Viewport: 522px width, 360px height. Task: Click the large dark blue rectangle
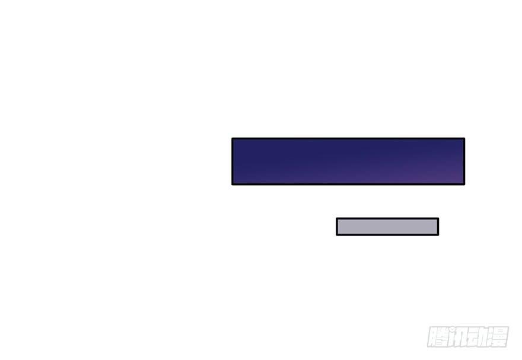(x=348, y=161)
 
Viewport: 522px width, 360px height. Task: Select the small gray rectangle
(x=387, y=227)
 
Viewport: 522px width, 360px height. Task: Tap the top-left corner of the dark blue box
(x=232, y=138)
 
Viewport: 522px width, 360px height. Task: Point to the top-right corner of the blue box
(x=464, y=138)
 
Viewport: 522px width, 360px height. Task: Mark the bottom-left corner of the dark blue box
(x=232, y=184)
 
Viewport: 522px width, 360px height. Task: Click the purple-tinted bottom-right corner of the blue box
(x=464, y=184)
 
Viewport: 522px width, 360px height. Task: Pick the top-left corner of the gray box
(x=336, y=218)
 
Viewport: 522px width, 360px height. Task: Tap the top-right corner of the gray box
(x=438, y=218)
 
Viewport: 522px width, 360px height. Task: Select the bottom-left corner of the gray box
(x=336, y=235)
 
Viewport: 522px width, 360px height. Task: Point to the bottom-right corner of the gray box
(x=438, y=235)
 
